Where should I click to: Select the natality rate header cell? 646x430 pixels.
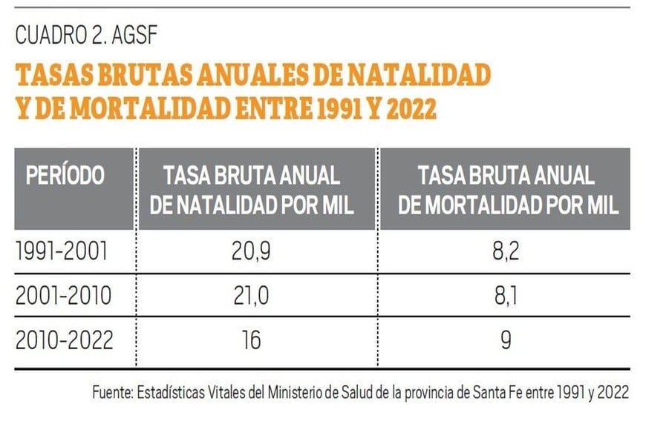coord(252,190)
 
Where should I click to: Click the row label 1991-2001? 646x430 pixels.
coord(62,253)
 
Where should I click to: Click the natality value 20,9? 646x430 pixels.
coord(252,253)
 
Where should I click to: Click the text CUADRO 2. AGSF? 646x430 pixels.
coord(85,35)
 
